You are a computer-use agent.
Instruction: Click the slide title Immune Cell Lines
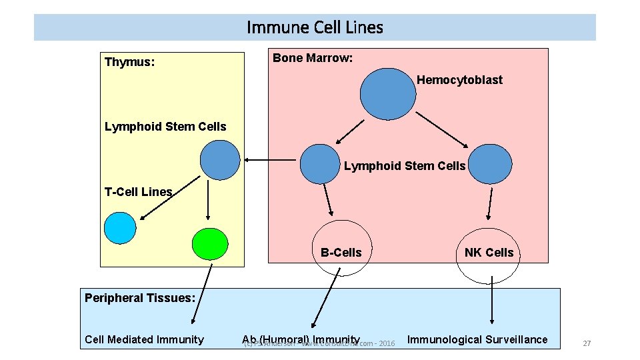coord(315,27)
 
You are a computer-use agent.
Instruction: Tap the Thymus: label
coord(130,62)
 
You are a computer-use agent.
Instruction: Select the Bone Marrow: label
coord(313,58)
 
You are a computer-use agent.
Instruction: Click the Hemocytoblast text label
coord(459,80)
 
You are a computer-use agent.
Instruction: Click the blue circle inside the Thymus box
coord(220,160)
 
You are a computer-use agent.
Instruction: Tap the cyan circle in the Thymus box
coord(120,227)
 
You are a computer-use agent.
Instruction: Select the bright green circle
coord(210,244)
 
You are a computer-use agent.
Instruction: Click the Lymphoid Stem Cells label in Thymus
coord(165,127)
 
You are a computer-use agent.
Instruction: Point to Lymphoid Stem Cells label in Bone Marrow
coord(405,166)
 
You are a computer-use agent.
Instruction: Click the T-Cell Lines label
coord(138,192)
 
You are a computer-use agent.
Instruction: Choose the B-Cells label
coord(341,253)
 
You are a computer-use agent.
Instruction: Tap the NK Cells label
coord(489,253)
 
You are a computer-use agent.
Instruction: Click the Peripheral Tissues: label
coord(139,298)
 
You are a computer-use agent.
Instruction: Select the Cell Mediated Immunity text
coord(144,339)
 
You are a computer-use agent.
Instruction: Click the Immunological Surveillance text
coord(477,339)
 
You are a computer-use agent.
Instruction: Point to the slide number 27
coord(587,343)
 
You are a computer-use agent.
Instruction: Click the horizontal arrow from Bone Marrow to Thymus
coord(270,160)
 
